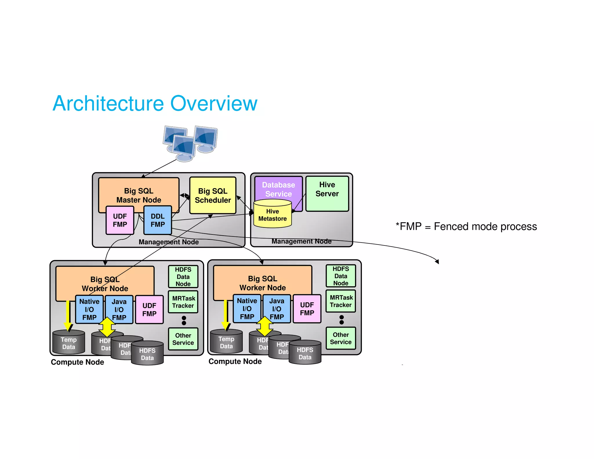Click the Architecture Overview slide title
[x=155, y=103]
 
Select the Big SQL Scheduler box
[x=213, y=196]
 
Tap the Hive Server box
[x=327, y=193]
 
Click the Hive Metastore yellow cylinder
[x=272, y=215]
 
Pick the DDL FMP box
[x=157, y=220]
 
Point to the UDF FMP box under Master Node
[x=120, y=220]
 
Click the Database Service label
[x=278, y=189]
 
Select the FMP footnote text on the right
[x=466, y=227]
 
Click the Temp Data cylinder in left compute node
[x=69, y=343]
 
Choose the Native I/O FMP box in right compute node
[x=247, y=309]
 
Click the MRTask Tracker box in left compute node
[x=183, y=302]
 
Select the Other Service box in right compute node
[x=341, y=338]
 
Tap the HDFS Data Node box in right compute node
[x=341, y=276]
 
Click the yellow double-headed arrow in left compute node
[x=107, y=327]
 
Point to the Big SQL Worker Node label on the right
[x=262, y=283]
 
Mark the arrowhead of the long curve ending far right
[x=437, y=262]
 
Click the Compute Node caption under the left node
[x=77, y=362]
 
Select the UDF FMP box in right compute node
[x=307, y=309]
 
